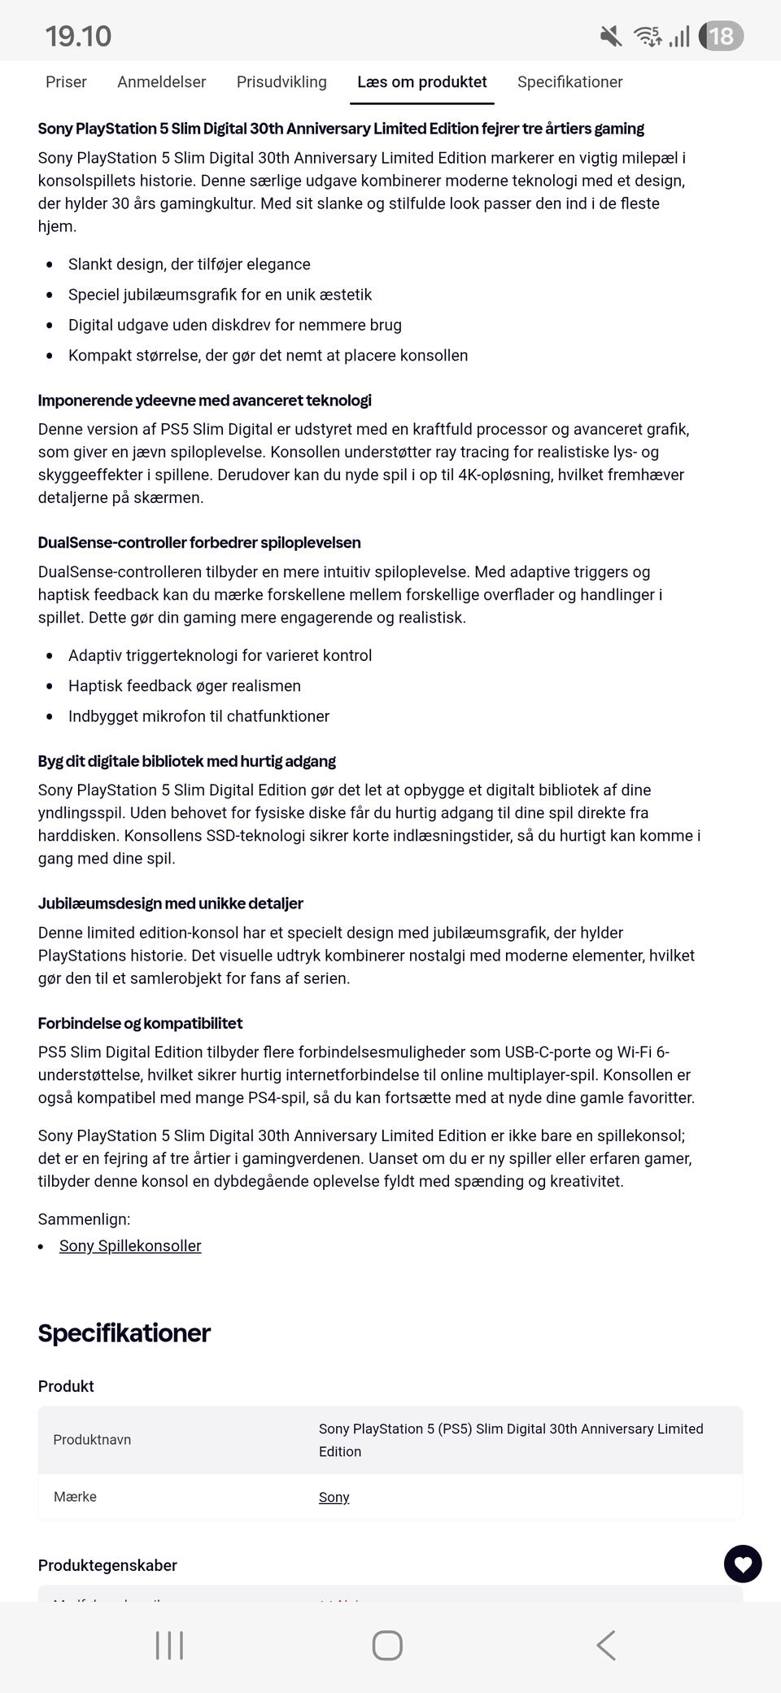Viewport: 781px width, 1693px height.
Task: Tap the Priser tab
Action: [x=66, y=82]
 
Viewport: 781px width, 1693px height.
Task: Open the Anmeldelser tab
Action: [x=161, y=82]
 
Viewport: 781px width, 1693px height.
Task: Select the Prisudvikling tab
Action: [x=281, y=82]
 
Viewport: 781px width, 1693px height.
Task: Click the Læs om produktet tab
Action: [x=421, y=82]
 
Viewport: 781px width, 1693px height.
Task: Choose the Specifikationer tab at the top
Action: [x=569, y=82]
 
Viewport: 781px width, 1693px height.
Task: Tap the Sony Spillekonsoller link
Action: [x=130, y=1246]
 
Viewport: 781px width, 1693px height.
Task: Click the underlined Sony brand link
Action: [x=334, y=1497]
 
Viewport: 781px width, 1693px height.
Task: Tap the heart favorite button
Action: [x=742, y=1564]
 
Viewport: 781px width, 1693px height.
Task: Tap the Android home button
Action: [x=387, y=1645]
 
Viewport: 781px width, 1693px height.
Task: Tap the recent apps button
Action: [x=169, y=1645]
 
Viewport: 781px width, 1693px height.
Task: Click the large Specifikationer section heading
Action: [x=124, y=1333]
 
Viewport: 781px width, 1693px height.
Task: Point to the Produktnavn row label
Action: [x=92, y=1440]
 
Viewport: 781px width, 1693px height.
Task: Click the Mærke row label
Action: [x=75, y=1497]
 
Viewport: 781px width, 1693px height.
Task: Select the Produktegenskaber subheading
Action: [x=107, y=1565]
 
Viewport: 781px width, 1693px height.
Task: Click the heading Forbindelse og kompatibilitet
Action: [x=140, y=1023]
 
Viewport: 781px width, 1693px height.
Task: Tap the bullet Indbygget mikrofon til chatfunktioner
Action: [x=199, y=716]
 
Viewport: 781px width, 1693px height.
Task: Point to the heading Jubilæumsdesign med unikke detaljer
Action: [x=170, y=903]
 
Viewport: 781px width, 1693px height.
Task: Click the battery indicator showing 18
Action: [x=721, y=36]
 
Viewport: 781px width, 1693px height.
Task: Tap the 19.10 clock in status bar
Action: [x=78, y=36]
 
